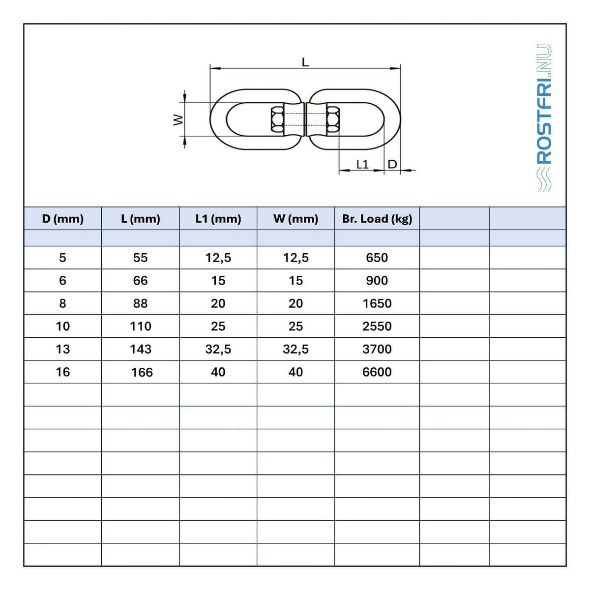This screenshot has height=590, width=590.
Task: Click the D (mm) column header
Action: coord(63,219)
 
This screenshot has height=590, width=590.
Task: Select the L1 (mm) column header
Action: coord(218,219)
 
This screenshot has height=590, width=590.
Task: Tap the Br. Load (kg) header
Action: coord(377,219)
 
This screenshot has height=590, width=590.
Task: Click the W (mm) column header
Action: coord(296,219)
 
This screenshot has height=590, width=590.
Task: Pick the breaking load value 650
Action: coord(377,258)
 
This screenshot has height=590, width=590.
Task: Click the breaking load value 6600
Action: coord(377,372)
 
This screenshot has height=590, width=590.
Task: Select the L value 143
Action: coord(141,349)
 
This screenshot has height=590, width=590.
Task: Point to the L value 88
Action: coord(141,303)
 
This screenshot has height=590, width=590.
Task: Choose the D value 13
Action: coord(63,349)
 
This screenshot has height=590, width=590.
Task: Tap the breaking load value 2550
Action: coord(377,326)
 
